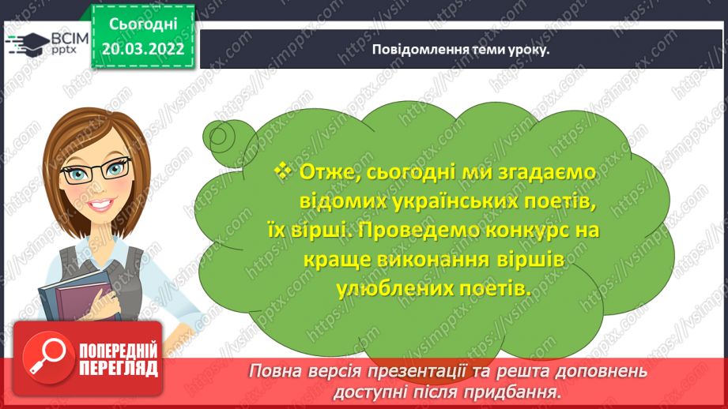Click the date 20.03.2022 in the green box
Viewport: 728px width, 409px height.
[143, 49]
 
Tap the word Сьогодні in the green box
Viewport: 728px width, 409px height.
[143, 24]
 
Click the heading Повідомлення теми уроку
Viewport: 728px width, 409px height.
[461, 50]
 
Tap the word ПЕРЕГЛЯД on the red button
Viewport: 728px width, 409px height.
[119, 368]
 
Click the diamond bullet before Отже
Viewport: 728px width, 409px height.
[283, 171]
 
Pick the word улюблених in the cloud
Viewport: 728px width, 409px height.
[394, 289]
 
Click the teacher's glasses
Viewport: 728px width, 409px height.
[96, 171]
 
